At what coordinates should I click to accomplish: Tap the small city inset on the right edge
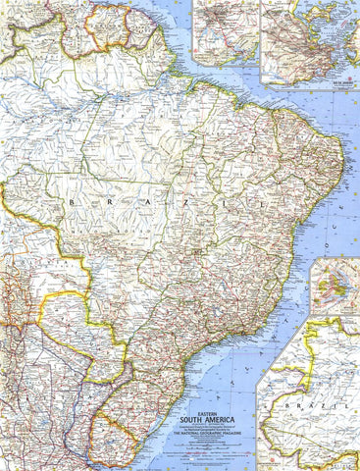coord(334,287)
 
